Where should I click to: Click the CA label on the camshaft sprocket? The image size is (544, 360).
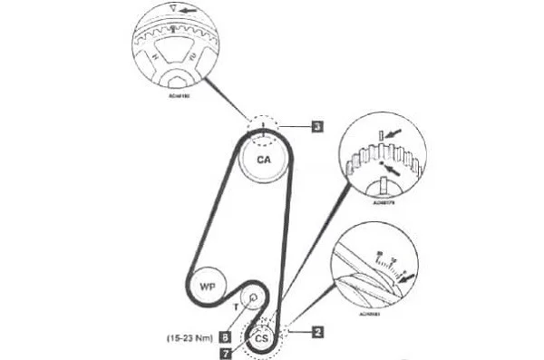click(x=263, y=160)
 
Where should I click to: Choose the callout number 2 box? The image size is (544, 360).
click(x=318, y=331)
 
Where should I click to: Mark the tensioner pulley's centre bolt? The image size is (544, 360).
click(x=253, y=296)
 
